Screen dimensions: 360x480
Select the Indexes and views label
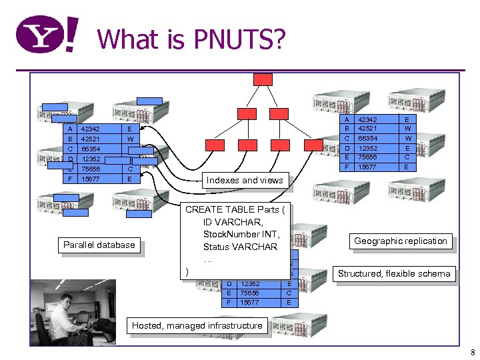245,180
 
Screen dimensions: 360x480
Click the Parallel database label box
99,245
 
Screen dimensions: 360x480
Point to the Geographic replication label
401,241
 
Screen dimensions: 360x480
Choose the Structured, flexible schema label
394,273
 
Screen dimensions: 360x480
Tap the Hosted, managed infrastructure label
197,325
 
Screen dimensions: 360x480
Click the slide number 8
471,352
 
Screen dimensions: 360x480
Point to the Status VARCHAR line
240,247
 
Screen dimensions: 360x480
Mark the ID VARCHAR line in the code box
233,222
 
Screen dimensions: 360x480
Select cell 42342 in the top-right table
368,119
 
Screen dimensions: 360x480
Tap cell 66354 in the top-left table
91,149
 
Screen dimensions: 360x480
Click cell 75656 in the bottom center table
250,293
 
